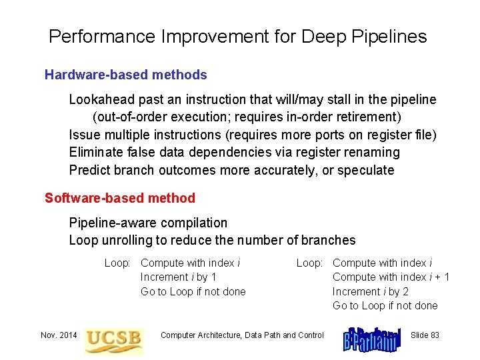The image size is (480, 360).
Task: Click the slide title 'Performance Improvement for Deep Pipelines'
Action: point(237,37)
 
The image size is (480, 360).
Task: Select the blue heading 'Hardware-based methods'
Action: point(125,75)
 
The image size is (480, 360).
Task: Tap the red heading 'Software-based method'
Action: point(120,198)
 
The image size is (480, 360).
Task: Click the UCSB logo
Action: point(113,337)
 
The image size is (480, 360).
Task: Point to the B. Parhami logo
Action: point(372,338)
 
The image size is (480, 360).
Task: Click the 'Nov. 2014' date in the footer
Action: point(58,335)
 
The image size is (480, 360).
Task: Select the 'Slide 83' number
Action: point(425,335)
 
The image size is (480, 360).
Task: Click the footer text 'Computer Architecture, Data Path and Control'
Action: point(242,335)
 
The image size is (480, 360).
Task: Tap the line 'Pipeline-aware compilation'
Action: point(148,223)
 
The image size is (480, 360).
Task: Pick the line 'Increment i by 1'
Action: point(178,277)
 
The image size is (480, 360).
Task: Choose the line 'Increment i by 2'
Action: point(370,291)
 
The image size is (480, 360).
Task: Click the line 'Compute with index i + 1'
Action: point(391,277)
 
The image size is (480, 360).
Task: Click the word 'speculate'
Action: point(366,170)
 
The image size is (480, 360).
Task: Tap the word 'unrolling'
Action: point(127,240)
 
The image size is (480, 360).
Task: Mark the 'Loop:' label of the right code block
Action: point(310,263)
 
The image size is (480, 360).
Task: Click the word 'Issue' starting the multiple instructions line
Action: point(84,135)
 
